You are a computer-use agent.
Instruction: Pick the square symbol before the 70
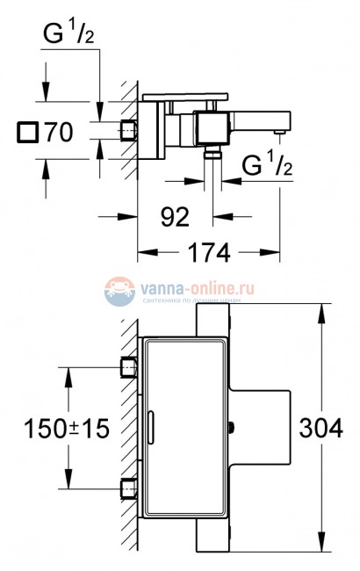(x=25, y=134)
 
